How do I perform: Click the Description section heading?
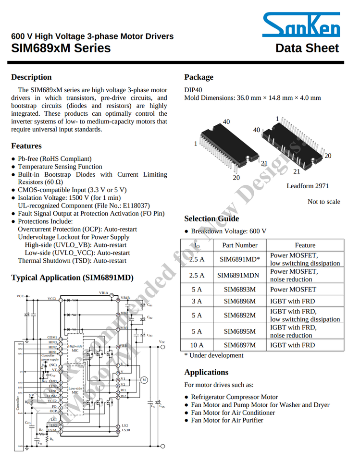coord(31,77)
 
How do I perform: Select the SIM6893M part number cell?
coord(240,290)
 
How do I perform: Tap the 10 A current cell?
coord(197,345)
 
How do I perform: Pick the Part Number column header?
coord(240,245)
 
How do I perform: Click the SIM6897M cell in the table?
coord(240,345)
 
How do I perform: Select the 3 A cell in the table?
coord(197,302)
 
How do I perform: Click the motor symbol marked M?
coord(143,380)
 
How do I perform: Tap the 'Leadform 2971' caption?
coord(308,185)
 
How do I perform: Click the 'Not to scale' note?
coord(323,202)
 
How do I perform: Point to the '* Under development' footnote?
coord(214,355)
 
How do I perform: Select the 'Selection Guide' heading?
coord(211,218)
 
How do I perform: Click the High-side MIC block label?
coord(75,348)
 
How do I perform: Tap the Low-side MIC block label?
coord(75,390)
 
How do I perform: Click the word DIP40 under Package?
coord(193,89)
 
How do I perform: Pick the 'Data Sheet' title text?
coord(307,49)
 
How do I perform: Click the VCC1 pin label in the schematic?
coord(52,299)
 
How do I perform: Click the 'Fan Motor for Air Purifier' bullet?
coord(227,420)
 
